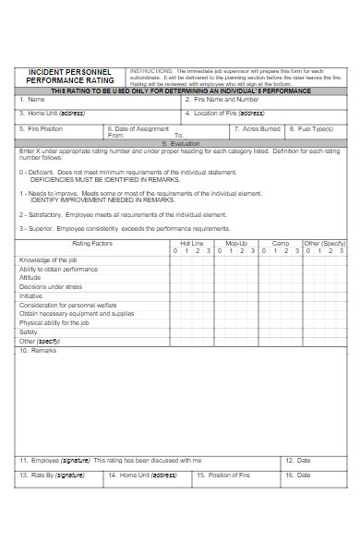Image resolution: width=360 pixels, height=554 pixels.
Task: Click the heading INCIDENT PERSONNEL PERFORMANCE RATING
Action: (70, 77)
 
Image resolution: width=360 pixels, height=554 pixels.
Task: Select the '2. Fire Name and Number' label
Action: (221, 99)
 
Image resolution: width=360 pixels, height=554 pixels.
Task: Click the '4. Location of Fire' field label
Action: (225, 114)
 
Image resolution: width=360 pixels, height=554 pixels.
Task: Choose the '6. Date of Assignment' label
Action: (138, 129)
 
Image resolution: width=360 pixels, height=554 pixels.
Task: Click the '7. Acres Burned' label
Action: (257, 129)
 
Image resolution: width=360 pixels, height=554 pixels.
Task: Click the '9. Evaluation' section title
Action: (181, 143)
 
